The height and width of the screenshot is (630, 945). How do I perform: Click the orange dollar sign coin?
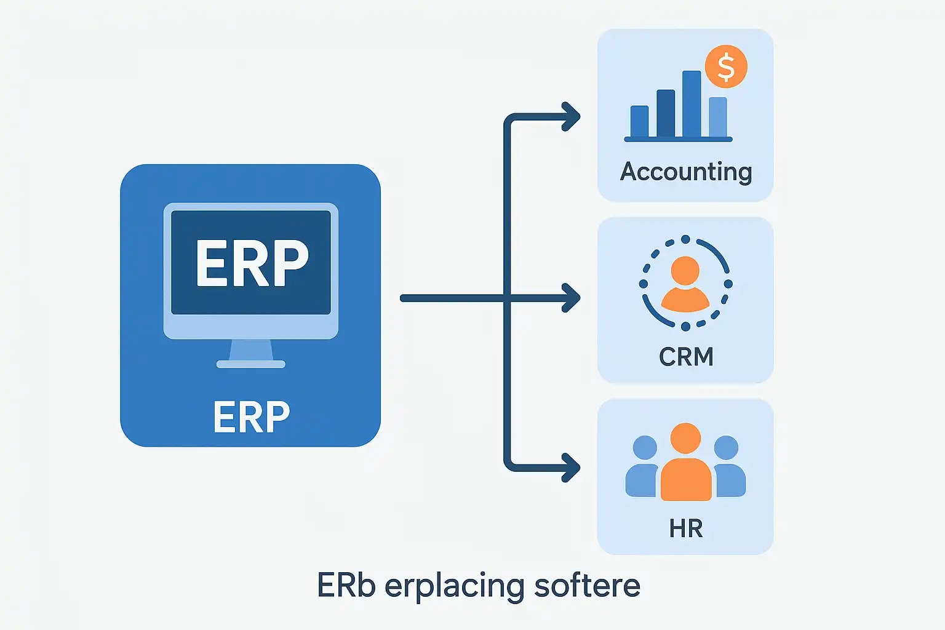pyautogui.click(x=726, y=67)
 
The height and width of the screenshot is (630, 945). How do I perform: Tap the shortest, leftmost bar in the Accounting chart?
pyautogui.click(x=639, y=121)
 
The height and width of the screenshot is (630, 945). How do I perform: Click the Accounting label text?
pyautogui.click(x=685, y=172)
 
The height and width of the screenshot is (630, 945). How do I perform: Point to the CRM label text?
pyautogui.click(x=686, y=357)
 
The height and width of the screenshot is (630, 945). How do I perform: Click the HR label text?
pyautogui.click(x=686, y=528)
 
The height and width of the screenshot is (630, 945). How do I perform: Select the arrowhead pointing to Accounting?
pyautogui.click(x=572, y=117)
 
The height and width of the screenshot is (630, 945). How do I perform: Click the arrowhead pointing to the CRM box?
pyautogui.click(x=572, y=298)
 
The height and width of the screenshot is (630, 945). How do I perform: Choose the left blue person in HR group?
pyautogui.click(x=643, y=468)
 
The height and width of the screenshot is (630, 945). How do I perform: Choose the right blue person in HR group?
pyautogui.click(x=728, y=468)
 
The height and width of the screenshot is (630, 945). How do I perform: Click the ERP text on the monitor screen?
pyautogui.click(x=252, y=263)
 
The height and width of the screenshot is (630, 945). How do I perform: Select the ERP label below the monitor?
pyautogui.click(x=251, y=417)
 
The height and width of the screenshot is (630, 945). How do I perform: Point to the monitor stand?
pyautogui.click(x=251, y=354)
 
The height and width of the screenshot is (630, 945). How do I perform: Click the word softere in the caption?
pyautogui.click(x=587, y=585)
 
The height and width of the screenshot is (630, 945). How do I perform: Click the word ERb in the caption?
pyautogui.click(x=346, y=585)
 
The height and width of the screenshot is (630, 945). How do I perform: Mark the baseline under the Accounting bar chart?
pyautogui.click(x=678, y=140)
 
